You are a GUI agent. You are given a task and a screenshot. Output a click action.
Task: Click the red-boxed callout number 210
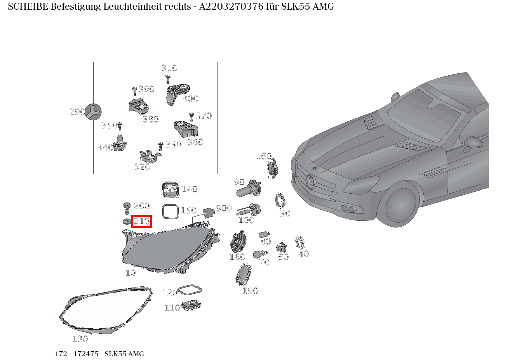click(141, 221)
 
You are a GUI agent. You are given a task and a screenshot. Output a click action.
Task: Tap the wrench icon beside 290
click(93, 112)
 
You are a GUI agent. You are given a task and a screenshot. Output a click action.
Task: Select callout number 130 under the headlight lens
click(80, 339)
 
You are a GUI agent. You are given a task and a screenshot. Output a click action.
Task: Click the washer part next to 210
click(126, 222)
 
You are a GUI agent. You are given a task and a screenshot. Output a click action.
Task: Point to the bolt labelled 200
click(127, 207)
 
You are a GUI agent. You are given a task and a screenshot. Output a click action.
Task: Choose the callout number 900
click(224, 208)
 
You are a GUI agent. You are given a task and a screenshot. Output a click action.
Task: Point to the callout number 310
click(169, 68)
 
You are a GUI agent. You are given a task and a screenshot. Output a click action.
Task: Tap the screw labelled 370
click(191, 117)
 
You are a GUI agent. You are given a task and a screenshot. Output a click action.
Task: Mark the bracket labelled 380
click(139, 107)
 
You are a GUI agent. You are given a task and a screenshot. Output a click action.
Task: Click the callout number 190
click(250, 291)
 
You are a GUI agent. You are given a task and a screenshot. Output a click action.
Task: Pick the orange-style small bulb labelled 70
click(257, 255)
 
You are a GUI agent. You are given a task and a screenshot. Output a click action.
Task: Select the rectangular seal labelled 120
click(189, 290)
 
